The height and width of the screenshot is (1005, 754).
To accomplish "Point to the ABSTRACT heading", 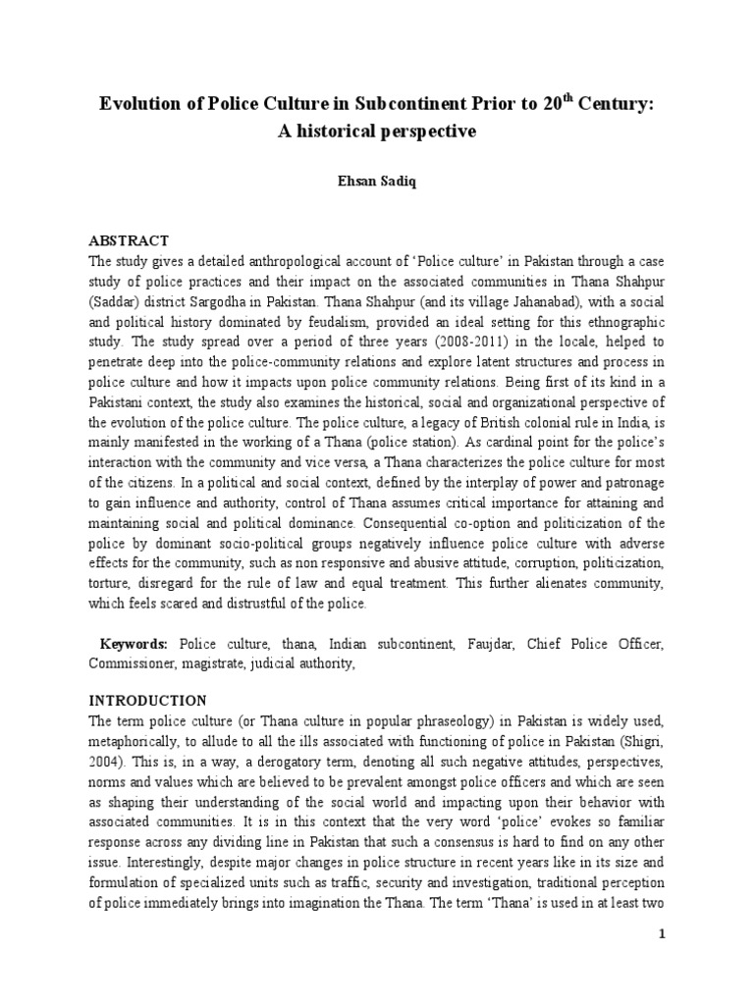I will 130,240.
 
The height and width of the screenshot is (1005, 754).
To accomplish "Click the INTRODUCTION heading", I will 148,701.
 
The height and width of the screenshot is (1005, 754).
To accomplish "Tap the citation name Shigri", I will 630,743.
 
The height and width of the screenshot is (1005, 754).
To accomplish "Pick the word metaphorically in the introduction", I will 137,743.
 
